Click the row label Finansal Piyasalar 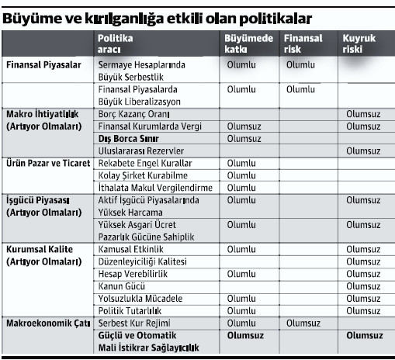point(43,66)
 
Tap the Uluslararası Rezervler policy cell point(141,151)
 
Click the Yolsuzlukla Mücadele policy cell point(140,297)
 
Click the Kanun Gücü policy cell point(124,286)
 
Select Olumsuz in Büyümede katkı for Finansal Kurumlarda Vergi point(247,126)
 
